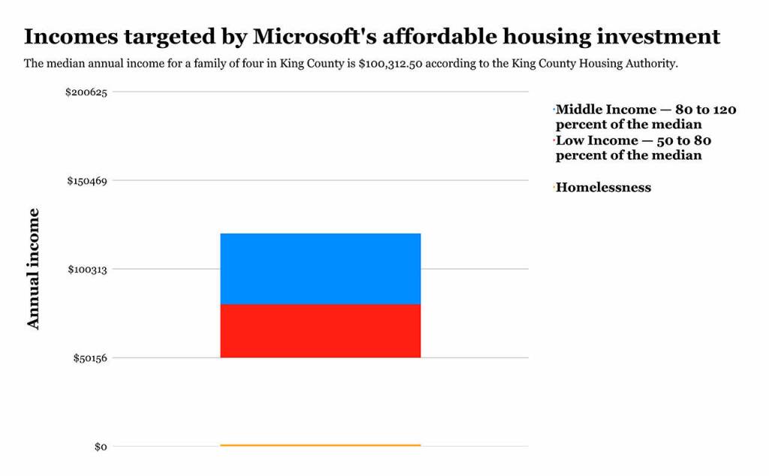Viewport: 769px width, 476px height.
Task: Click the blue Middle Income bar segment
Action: (320, 269)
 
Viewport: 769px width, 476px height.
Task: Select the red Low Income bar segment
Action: (320, 330)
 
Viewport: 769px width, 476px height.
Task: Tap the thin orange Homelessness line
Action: (320, 445)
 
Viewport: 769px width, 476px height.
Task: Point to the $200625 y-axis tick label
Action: (86, 92)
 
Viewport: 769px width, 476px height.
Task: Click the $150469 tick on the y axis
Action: (86, 181)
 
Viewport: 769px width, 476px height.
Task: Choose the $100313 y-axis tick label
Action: (86, 269)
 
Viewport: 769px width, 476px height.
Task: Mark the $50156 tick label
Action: (89, 357)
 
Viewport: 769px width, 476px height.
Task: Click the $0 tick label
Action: (101, 447)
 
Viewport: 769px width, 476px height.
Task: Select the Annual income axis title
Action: (34, 269)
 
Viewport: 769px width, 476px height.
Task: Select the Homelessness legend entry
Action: (603, 188)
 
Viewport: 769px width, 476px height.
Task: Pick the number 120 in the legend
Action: (724, 110)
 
